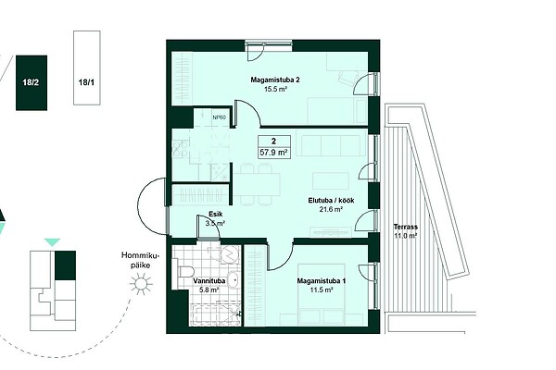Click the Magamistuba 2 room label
click(275, 80)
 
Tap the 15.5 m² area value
click(275, 89)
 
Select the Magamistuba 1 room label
click(322, 281)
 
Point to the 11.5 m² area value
click(322, 290)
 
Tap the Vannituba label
click(209, 281)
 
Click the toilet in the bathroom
click(184, 272)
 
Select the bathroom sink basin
click(233, 279)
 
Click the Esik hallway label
click(216, 215)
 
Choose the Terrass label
click(405, 227)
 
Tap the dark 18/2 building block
click(32, 83)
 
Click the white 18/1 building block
click(86, 68)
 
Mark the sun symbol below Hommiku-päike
click(141, 283)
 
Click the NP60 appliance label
click(219, 117)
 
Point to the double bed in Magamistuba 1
click(322, 294)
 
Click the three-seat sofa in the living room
click(331, 145)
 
